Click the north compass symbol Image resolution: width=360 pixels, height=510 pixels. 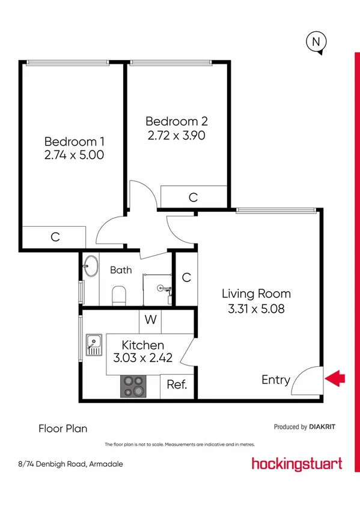(317, 42)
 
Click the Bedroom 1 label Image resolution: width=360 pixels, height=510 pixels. (75, 142)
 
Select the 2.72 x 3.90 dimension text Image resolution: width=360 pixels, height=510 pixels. (177, 135)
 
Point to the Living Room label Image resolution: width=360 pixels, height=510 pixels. (256, 294)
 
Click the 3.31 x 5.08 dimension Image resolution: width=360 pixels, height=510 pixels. (256, 310)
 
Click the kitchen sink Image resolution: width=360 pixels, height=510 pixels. (94, 345)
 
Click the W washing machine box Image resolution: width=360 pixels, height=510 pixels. (150, 320)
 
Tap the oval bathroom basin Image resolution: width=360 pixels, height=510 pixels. (91, 266)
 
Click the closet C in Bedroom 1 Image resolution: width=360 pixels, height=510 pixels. (55, 237)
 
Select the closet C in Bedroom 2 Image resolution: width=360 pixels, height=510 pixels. (193, 197)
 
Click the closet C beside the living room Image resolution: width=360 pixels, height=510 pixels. (186, 277)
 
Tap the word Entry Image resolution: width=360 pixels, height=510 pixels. (276, 380)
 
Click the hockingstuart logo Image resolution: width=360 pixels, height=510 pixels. (297, 463)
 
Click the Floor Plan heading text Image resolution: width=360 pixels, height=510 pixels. (63, 429)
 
